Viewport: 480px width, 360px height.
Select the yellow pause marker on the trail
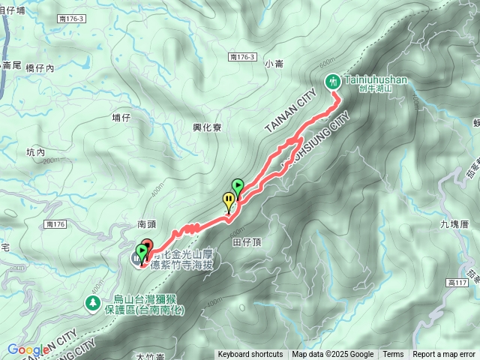click(x=228, y=200)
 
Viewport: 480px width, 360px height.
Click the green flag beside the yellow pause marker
click(x=238, y=185)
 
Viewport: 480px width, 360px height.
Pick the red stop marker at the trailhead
click(x=146, y=246)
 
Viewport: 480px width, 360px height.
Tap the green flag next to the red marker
click(x=141, y=252)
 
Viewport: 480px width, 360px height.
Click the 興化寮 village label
click(x=206, y=127)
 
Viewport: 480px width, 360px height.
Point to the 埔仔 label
click(x=121, y=117)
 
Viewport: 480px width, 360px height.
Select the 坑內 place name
click(x=36, y=152)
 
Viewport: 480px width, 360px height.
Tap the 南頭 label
click(x=147, y=223)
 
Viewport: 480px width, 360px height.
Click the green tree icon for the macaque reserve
click(x=92, y=303)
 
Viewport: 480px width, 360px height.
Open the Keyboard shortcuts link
click(x=250, y=355)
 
